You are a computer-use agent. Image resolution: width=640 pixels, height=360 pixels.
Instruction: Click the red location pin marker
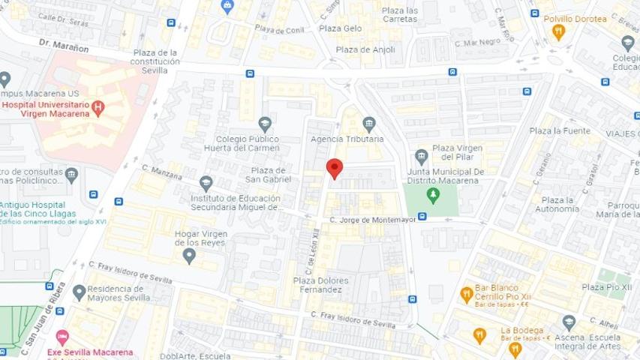point(335,168)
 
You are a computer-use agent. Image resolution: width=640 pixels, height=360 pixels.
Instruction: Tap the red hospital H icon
point(97,107)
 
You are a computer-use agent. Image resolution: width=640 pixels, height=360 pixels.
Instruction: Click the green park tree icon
point(433,195)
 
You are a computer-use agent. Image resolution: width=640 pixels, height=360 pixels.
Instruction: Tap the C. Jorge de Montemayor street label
point(372,219)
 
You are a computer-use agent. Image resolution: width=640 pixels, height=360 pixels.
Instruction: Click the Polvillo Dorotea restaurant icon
point(558,32)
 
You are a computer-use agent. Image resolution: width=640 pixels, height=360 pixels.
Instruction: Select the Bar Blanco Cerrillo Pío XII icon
point(467,294)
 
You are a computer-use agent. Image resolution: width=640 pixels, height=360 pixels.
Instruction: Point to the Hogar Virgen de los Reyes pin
point(189,256)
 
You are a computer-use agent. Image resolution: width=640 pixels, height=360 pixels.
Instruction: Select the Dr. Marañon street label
point(65,47)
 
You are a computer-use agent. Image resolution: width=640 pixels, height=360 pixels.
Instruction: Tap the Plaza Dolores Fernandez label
point(320,285)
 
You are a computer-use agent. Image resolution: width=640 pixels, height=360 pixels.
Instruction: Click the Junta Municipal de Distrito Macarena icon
point(422,156)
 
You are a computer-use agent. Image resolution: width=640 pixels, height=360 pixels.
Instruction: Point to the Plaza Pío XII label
point(606,286)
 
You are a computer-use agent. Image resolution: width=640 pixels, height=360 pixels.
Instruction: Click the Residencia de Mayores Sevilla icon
point(80,292)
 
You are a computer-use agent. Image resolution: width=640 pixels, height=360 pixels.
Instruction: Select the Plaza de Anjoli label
point(365,49)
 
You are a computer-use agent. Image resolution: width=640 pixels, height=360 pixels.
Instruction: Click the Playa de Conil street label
point(279,30)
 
